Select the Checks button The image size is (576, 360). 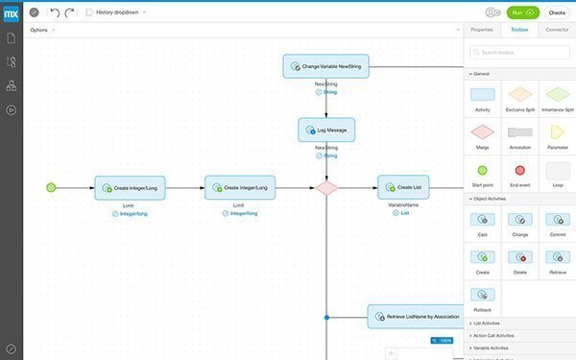point(557,12)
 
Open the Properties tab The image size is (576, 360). point(481,30)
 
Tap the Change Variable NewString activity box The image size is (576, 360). point(326,66)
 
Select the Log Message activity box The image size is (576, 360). point(326,130)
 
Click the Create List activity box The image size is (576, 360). point(403,187)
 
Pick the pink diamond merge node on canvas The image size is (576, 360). point(327,187)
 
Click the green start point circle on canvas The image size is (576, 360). point(52,187)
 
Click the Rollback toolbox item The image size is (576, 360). point(483,297)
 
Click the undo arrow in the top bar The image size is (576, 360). point(55,12)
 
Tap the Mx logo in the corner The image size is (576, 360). point(11,12)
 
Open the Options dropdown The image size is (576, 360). point(40,30)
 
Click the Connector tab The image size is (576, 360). point(557,30)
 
